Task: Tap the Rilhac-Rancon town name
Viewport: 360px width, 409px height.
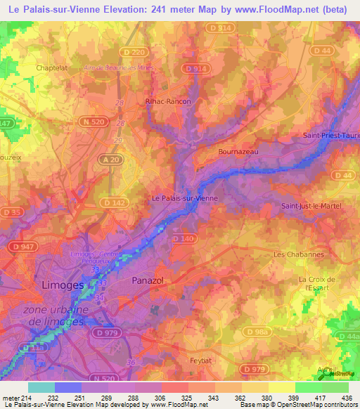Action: (x=168, y=101)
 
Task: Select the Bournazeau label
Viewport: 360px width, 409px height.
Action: (x=240, y=151)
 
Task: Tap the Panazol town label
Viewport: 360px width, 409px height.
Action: (x=148, y=280)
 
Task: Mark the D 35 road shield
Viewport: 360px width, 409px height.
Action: (x=10, y=212)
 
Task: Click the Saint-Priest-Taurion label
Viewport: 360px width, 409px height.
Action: (x=330, y=134)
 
